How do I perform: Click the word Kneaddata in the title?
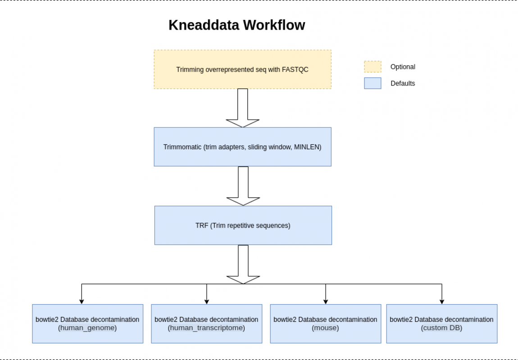point(204,25)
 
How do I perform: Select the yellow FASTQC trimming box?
point(242,69)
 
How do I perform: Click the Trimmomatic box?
point(242,147)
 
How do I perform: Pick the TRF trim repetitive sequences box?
point(243,225)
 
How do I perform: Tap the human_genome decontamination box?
point(87,324)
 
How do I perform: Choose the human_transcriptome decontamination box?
point(206,324)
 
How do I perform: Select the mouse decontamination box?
point(325,324)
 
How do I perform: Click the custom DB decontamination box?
point(442,324)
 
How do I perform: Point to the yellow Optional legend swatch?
point(373,67)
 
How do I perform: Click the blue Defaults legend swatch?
point(373,83)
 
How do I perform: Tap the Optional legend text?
point(403,67)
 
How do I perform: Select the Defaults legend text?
point(403,84)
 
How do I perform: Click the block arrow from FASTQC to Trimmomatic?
point(242,108)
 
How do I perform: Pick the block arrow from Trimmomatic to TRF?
point(243,186)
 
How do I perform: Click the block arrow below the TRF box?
point(243,264)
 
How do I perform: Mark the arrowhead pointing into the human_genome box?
point(82,301)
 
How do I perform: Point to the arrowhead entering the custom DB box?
point(442,301)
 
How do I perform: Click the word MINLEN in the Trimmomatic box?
point(307,147)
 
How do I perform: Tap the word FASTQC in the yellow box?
point(295,70)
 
